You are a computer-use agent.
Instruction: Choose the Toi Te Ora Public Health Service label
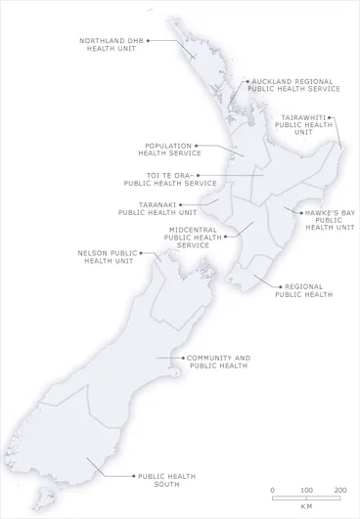(x=171, y=180)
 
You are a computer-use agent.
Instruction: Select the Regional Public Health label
(x=303, y=290)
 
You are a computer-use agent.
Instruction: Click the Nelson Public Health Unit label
(x=108, y=257)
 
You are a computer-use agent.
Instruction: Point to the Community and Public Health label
(x=216, y=361)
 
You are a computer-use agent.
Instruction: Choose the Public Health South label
(x=166, y=480)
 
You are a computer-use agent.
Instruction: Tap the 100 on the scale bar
(x=306, y=489)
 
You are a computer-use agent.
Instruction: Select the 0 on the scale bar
(x=273, y=489)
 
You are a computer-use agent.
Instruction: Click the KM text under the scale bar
(x=306, y=507)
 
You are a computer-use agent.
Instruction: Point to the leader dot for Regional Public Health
(x=254, y=278)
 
